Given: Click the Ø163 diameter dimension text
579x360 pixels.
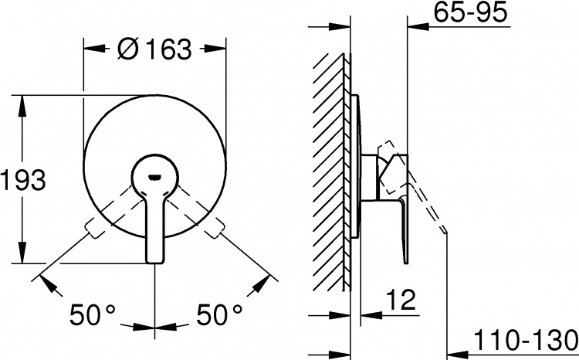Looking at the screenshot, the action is (x=154, y=49).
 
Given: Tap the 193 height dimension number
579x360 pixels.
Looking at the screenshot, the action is (x=23, y=180).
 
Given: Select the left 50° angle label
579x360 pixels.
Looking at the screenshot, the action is (x=93, y=314).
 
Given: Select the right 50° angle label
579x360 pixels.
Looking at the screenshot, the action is (x=219, y=314).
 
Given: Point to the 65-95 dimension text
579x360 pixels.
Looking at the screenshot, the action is (x=470, y=12).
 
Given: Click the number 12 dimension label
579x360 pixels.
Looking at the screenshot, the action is (x=401, y=300).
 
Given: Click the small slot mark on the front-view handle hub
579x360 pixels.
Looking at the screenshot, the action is (x=154, y=178).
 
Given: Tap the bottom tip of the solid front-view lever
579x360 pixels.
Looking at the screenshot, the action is (x=154, y=263).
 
